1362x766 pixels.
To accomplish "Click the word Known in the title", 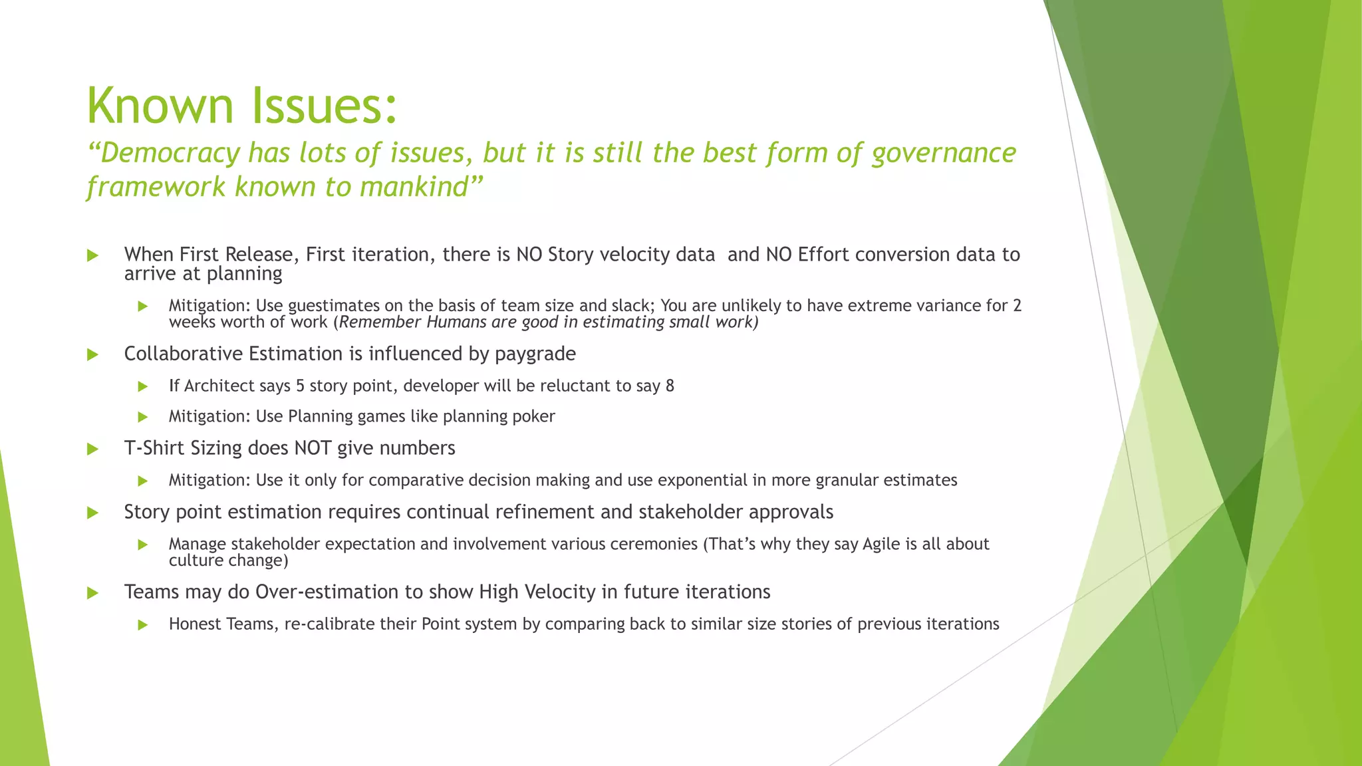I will coord(160,106).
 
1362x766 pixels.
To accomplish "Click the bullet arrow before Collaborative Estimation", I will coord(92,355).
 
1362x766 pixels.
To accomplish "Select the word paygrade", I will coord(535,354).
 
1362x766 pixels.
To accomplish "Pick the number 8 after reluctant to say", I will coord(670,386).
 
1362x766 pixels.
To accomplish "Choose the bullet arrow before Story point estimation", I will coord(92,513).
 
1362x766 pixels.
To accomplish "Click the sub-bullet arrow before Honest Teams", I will coord(142,625).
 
